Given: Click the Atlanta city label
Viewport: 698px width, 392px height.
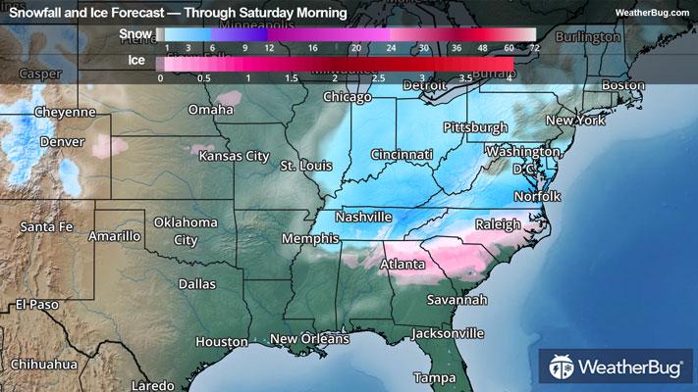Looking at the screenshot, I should (403, 265).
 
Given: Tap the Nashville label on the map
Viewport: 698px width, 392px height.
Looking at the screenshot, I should (363, 217).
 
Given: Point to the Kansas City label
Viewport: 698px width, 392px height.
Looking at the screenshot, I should (234, 156).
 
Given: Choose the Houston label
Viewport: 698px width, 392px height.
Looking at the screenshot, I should (221, 342).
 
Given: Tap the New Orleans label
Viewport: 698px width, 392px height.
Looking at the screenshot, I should (309, 339).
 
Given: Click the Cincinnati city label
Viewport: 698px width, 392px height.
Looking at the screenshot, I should (402, 155).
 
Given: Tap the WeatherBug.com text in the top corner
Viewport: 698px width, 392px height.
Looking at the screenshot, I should (650, 12).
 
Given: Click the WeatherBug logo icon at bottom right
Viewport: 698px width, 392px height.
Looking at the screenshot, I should (563, 368).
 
